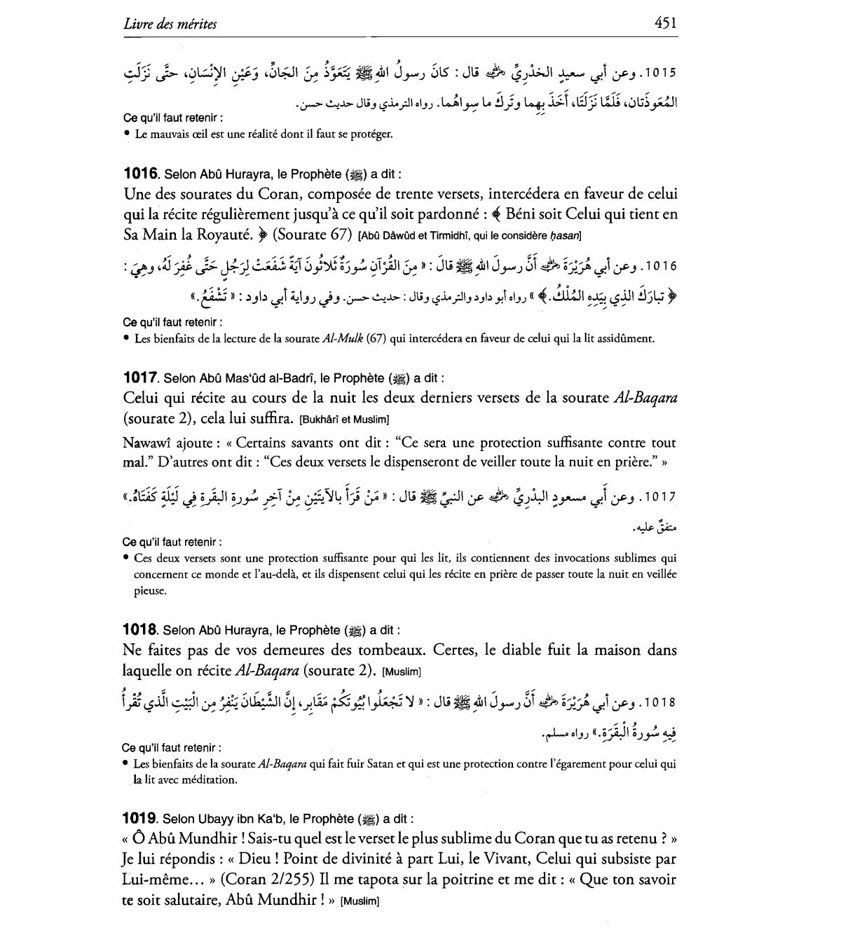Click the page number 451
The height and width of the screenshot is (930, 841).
tap(665, 23)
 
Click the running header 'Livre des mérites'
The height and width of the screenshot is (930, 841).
tap(170, 25)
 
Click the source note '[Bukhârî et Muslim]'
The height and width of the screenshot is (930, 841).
tap(343, 419)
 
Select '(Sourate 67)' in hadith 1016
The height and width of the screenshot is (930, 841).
tap(312, 235)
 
